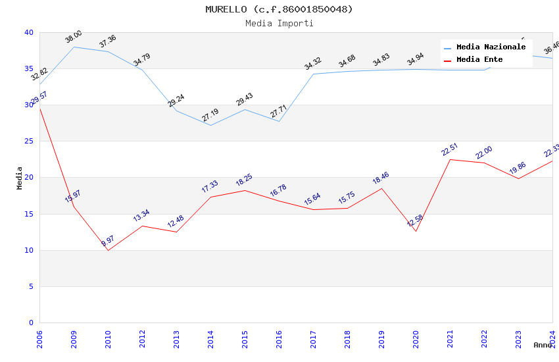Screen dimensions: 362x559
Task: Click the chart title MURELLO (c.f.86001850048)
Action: pyautogui.click(x=279, y=9)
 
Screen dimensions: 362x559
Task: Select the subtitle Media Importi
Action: pyautogui.click(x=279, y=23)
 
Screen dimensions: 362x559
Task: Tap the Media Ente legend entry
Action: pyautogui.click(x=479, y=59)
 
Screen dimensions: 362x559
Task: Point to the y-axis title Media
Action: pyautogui.click(x=20, y=178)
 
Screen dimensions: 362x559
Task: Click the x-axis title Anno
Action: pyautogui.click(x=543, y=345)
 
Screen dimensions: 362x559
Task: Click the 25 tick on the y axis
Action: pyautogui.click(x=28, y=142)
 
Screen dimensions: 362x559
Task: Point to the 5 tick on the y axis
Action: pyautogui.click(x=31, y=286)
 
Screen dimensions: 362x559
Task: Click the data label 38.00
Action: pyautogui.click(x=74, y=37)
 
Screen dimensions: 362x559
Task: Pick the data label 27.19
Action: pyautogui.click(x=210, y=116)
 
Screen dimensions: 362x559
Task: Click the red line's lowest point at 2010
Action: pyautogui.click(x=108, y=250)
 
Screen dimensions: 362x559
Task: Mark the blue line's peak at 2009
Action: pyautogui.click(x=74, y=47)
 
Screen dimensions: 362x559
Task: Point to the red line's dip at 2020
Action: pyautogui.click(x=416, y=231)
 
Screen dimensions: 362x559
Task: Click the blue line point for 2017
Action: pyautogui.click(x=313, y=74)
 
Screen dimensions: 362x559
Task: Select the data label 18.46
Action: pyautogui.click(x=381, y=178)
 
